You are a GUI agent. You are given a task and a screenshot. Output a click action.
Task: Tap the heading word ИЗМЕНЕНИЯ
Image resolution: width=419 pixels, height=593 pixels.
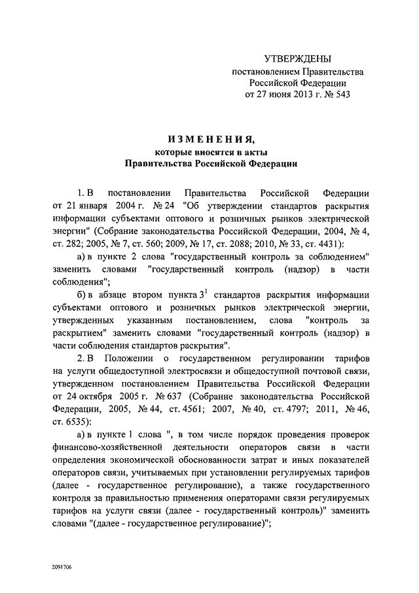click(x=211, y=139)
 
